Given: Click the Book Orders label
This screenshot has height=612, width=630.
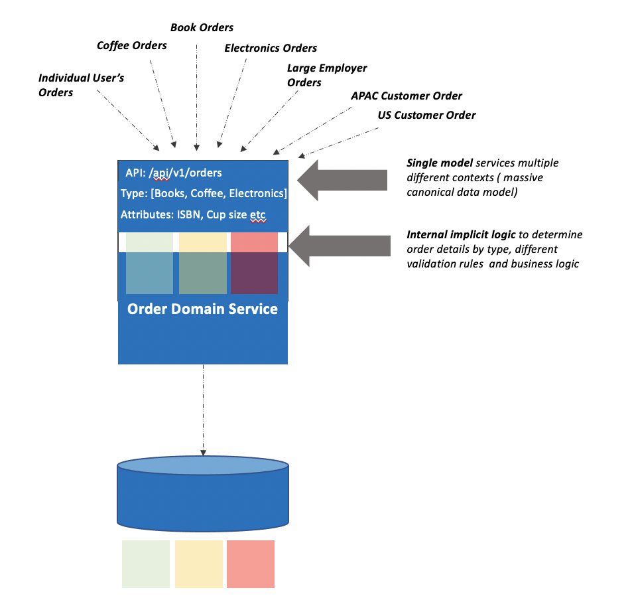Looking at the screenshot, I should pyautogui.click(x=202, y=27).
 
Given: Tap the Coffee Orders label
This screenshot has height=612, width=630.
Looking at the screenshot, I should pyautogui.click(x=131, y=45).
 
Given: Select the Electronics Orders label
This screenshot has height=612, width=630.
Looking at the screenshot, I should pyautogui.click(x=271, y=48).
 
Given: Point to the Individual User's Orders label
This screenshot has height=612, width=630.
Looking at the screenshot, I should pyautogui.click(x=81, y=85).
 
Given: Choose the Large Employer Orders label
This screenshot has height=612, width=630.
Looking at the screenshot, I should pyautogui.click(x=326, y=75).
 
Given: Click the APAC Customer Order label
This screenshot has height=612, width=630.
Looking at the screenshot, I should pyautogui.click(x=406, y=96).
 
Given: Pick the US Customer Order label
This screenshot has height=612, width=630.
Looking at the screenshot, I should pyautogui.click(x=426, y=115).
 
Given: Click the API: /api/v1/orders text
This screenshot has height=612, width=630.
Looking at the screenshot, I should pyautogui.click(x=174, y=173).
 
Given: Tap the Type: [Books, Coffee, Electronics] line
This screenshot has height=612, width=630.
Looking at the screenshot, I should pyautogui.click(x=204, y=194).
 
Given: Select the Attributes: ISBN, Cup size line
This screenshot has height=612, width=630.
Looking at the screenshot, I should pyautogui.click(x=193, y=214).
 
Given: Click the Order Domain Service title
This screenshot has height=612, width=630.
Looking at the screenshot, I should pyautogui.click(x=202, y=309).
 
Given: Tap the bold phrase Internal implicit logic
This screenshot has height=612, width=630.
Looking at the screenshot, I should pyautogui.click(x=461, y=235).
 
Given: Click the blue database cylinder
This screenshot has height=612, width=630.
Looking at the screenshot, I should pyautogui.click(x=203, y=495).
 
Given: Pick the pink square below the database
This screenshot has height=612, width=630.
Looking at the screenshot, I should pyautogui.click(x=250, y=564).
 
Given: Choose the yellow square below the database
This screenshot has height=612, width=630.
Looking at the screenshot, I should pyautogui.click(x=198, y=564).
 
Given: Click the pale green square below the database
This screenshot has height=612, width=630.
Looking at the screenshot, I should pyautogui.click(x=146, y=564).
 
